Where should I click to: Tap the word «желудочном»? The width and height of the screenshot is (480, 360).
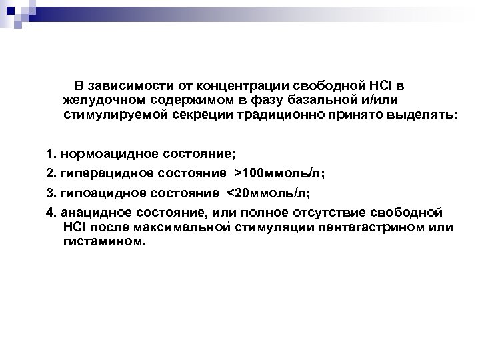click(97, 100)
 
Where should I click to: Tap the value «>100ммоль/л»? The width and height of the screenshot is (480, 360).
click(278, 175)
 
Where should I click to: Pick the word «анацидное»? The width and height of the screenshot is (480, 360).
click(92, 213)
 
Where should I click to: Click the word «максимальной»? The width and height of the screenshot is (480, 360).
click(175, 227)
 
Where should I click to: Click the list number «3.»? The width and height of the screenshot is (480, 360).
click(51, 194)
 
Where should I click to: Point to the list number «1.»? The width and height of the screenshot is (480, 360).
click(51, 155)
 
